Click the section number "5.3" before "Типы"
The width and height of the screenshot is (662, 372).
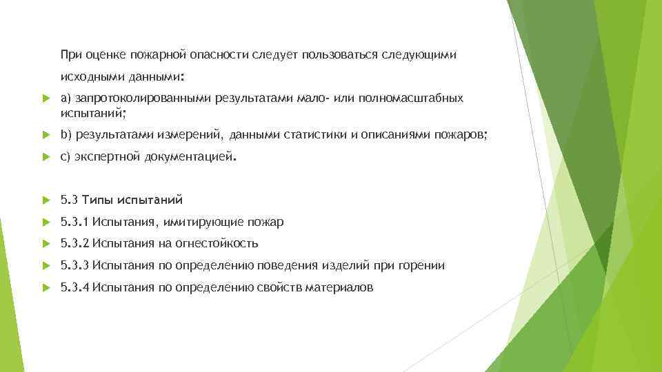[69, 200]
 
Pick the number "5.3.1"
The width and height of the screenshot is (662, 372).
[75, 222]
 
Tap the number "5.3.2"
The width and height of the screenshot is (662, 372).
[75, 243]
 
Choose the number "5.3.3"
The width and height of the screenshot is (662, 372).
[75, 265]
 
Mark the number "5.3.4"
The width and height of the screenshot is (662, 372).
[75, 287]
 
